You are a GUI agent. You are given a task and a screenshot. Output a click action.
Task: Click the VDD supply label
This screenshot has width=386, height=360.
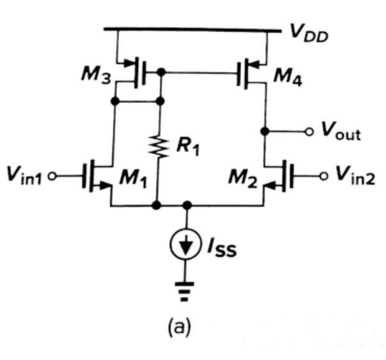point(308,35)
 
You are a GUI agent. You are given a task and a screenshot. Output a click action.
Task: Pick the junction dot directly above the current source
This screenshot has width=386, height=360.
point(187,206)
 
